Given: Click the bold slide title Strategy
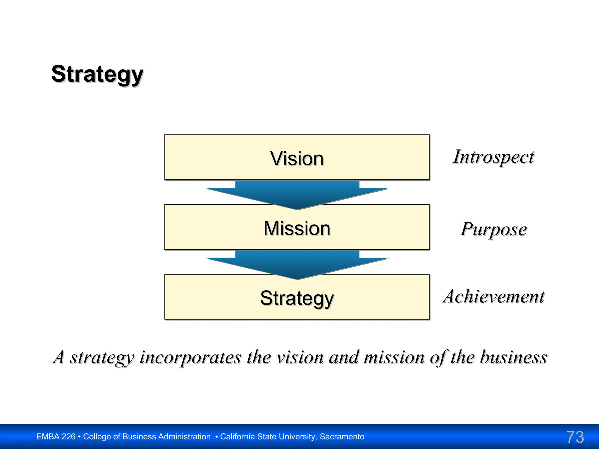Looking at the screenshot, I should [x=97, y=74].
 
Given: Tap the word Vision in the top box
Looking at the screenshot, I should [x=297, y=158].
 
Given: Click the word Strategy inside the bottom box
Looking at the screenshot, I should [x=297, y=298].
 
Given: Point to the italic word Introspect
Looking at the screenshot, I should [x=493, y=157].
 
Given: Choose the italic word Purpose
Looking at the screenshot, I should [x=493, y=229].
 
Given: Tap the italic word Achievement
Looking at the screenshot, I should [x=493, y=296].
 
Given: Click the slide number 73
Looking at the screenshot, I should [x=575, y=437].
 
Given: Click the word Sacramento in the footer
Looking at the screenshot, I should [x=342, y=437].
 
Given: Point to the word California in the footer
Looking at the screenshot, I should [x=237, y=437].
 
